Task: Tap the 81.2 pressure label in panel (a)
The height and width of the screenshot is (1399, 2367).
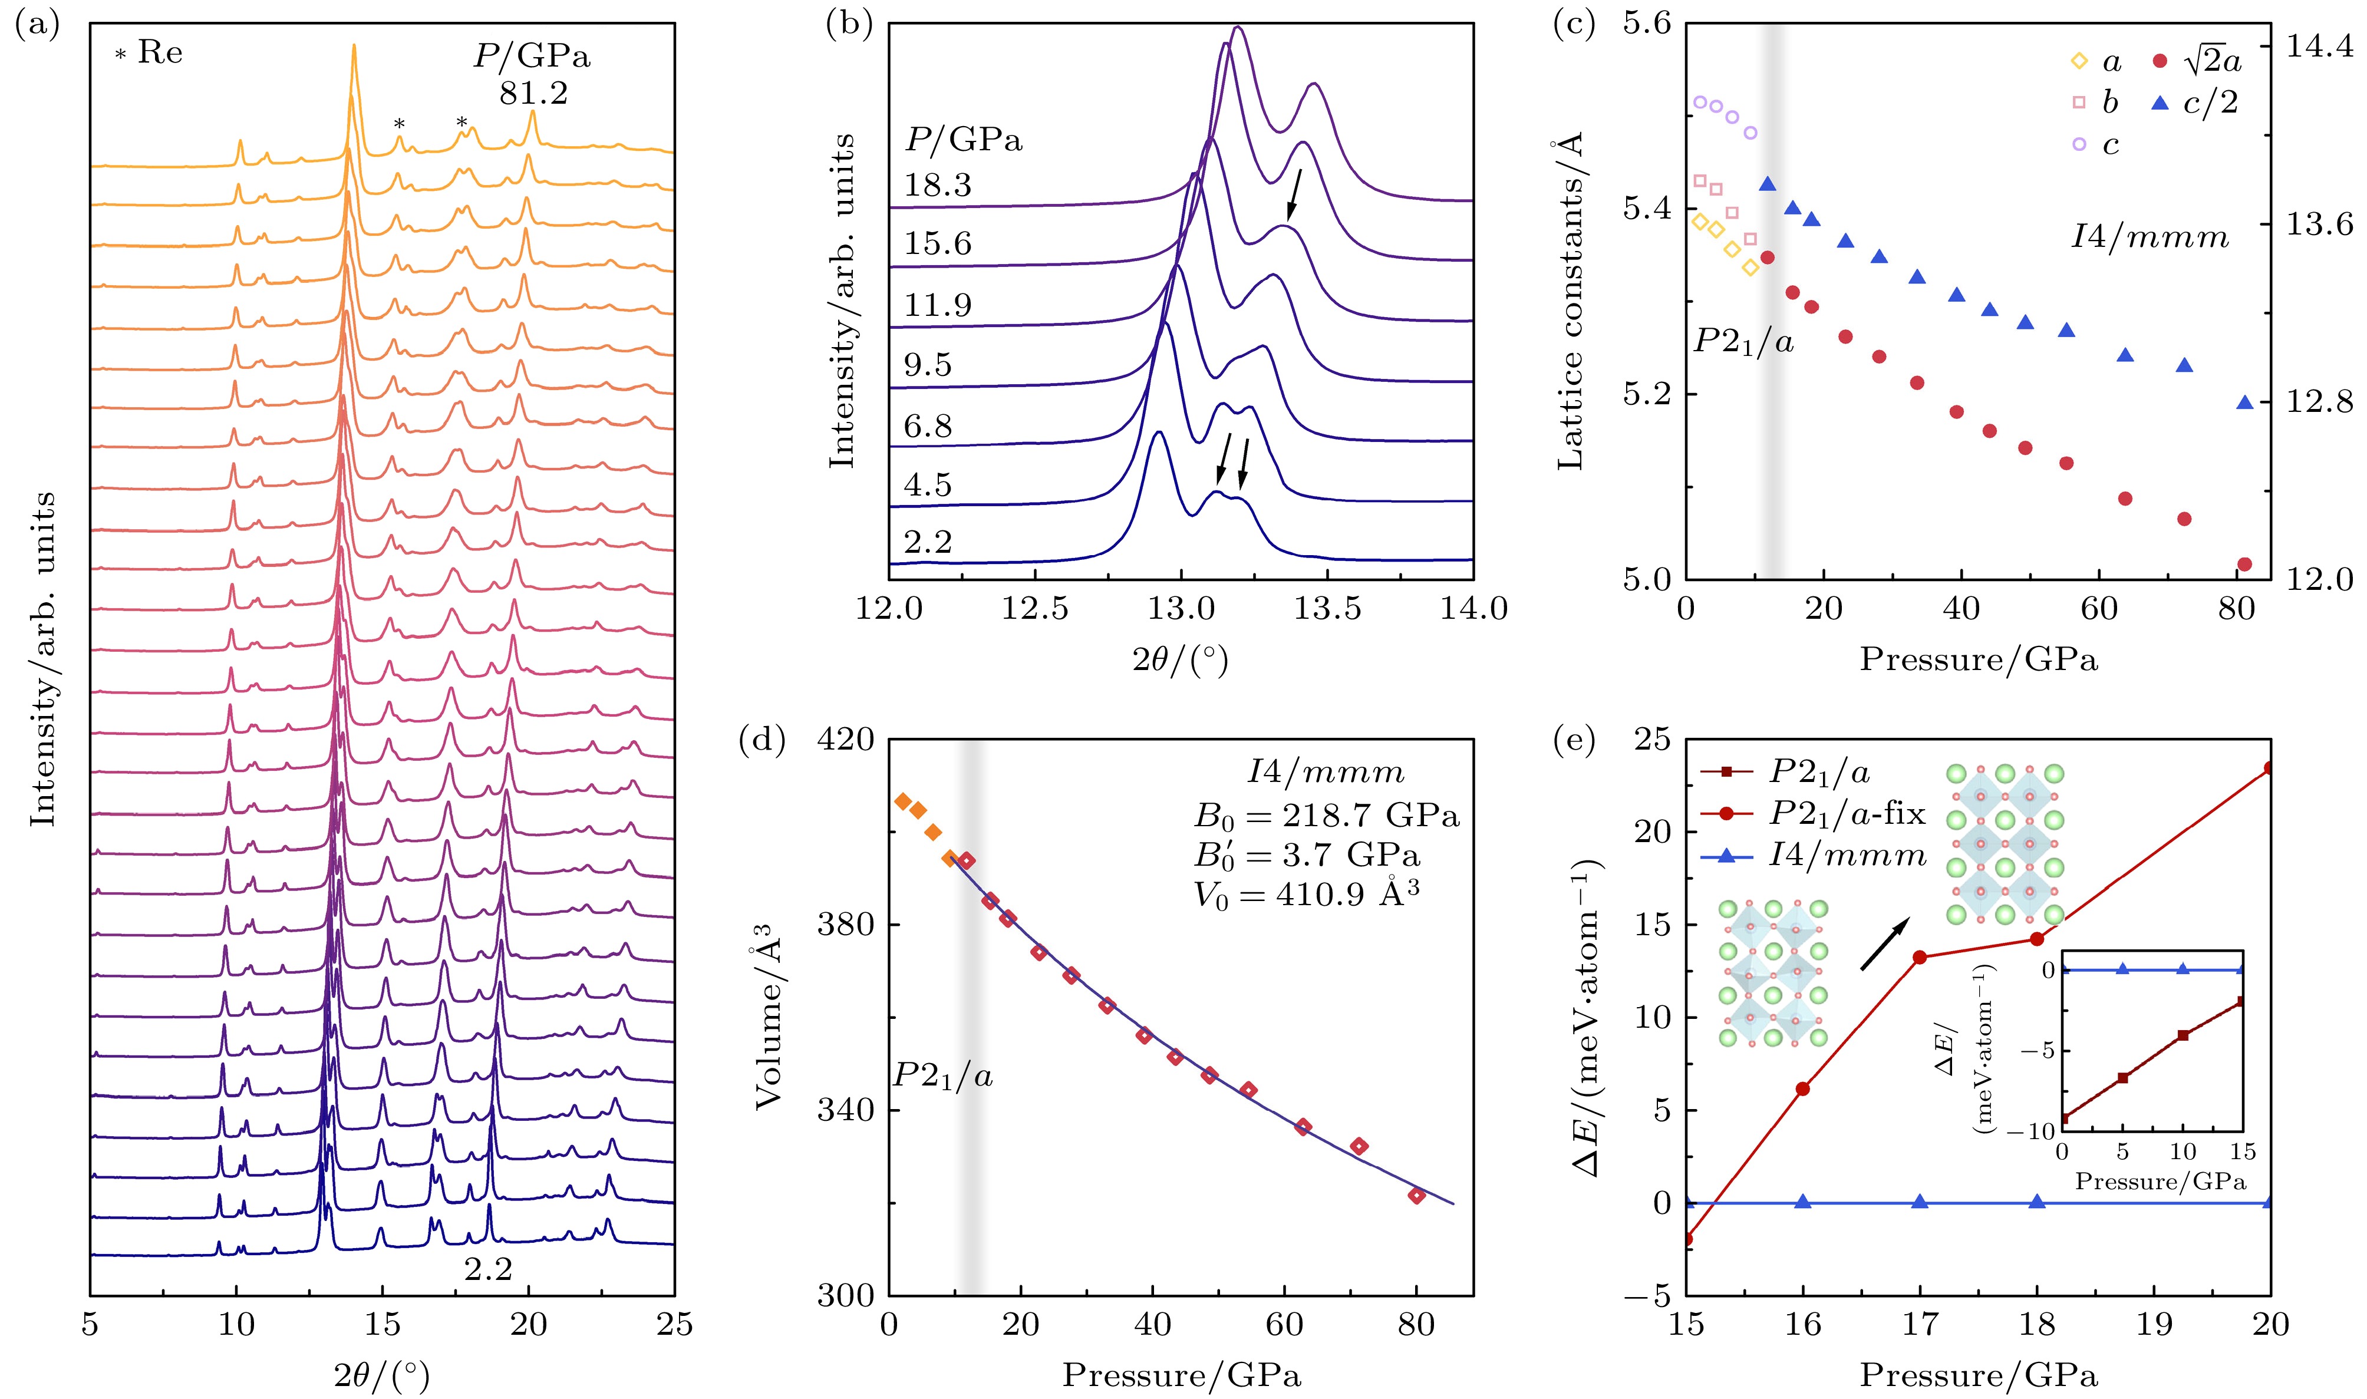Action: (533, 93)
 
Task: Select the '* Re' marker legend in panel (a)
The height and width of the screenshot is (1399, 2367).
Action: (149, 53)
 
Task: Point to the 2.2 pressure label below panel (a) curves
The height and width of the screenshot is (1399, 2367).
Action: (487, 1270)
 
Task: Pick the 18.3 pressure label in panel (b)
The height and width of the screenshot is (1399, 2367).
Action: (938, 185)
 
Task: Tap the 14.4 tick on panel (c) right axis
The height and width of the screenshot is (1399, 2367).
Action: (2319, 47)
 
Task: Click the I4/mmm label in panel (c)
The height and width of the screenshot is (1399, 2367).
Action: (2150, 237)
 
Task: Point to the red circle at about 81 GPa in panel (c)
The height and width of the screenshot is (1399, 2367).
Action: (2244, 565)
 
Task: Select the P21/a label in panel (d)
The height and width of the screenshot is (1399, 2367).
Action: (942, 1075)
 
